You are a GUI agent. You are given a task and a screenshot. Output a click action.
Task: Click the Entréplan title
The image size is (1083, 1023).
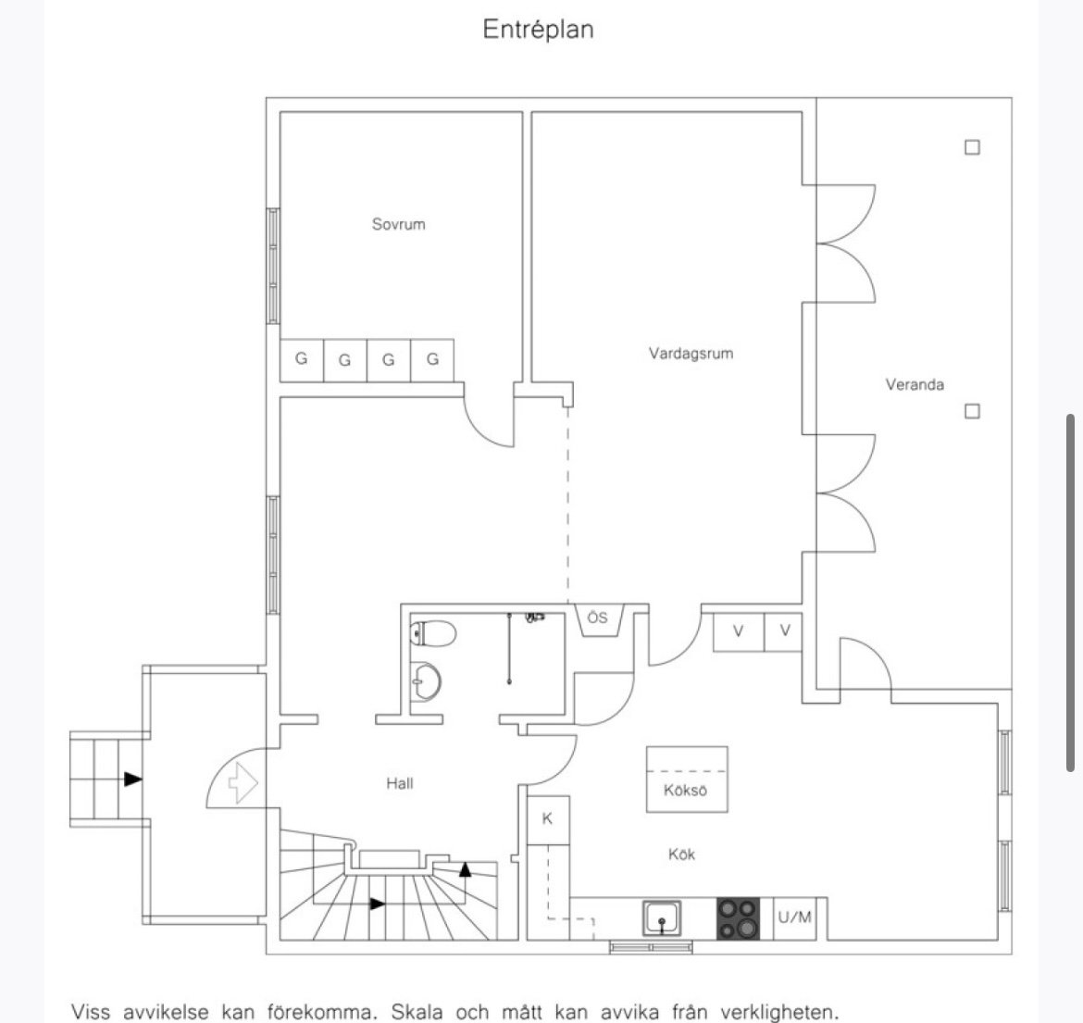coord(538,30)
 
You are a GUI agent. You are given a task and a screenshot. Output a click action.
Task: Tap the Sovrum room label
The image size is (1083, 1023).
coord(399,224)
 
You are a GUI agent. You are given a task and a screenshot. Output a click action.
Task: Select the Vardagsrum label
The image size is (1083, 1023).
coord(691,354)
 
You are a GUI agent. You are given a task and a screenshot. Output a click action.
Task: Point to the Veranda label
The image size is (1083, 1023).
coord(915,384)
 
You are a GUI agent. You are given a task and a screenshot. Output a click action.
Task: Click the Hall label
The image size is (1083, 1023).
coord(400,783)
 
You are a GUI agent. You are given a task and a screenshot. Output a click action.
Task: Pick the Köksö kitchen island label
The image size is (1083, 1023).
coord(685,790)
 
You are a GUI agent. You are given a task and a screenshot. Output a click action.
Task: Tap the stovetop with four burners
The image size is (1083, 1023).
coord(739,918)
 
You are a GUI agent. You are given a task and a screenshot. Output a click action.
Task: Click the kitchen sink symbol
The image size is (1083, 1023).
coord(662,918)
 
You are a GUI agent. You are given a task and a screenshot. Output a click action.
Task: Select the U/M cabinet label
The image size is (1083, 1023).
coord(794,917)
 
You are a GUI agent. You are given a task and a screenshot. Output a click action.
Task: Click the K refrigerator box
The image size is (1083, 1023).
coord(548,820)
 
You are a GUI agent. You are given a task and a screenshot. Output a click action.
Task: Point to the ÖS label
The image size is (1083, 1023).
coord(597,617)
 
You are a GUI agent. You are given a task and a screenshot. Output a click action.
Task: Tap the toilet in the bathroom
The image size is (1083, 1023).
coord(433,633)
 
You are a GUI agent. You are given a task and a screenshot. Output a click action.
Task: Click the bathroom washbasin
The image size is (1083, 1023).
coord(425,681)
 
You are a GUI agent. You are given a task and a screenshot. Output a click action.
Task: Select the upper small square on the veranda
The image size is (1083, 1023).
coord(972,147)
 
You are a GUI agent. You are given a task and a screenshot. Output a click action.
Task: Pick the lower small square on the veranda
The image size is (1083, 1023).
coord(972,412)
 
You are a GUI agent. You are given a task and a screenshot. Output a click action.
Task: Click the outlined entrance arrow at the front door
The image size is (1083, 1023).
coord(243,782)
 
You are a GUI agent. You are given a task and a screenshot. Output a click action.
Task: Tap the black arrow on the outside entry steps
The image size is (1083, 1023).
coord(133,780)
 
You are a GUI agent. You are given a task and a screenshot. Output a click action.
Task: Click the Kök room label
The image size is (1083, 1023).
coord(681,855)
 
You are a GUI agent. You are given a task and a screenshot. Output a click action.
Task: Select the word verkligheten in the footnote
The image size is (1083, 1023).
coord(778,1013)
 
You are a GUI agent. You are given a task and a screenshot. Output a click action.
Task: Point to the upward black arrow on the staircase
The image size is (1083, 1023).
coord(465,869)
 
